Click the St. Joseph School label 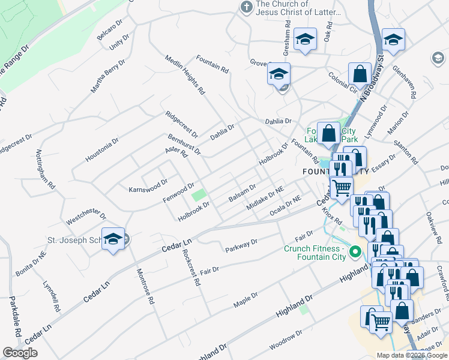[x=75, y=241]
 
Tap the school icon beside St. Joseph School [x=113, y=239]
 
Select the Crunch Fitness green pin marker [x=354, y=251]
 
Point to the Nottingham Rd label [x=49, y=170]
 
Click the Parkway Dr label [x=241, y=245]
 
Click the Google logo [x=20, y=353]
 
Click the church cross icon [x=246, y=7]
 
